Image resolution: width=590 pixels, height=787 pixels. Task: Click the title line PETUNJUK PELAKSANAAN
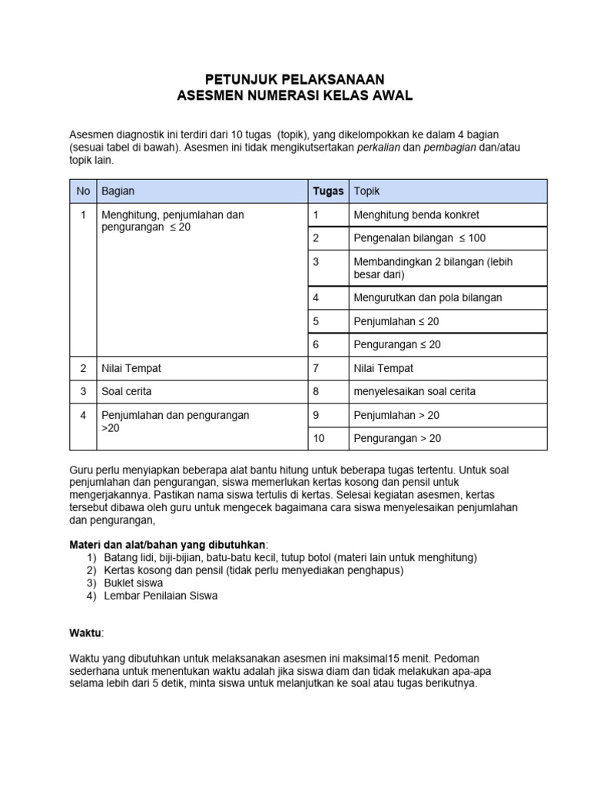point(295,79)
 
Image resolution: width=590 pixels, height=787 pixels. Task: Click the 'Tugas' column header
point(327,191)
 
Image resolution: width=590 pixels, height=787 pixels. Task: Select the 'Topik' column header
point(366,191)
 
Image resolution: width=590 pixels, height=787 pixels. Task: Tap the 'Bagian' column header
point(118,191)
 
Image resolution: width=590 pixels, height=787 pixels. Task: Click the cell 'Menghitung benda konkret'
point(416,214)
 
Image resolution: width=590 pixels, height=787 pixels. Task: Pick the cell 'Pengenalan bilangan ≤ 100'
point(419,238)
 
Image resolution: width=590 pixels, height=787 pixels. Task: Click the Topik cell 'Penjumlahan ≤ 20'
point(396,321)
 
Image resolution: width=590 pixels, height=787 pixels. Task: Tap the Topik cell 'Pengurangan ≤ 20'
point(396,344)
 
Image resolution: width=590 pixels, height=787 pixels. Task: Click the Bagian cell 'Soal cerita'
point(127,391)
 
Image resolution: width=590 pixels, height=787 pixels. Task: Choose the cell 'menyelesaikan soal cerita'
point(414,391)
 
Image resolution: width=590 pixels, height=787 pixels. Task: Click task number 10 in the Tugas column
point(319,439)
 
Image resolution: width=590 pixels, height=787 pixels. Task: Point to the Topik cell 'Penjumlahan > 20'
point(396,415)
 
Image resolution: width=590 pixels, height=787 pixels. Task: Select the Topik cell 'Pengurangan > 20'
point(396,439)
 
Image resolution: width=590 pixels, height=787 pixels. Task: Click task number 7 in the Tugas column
point(316,368)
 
